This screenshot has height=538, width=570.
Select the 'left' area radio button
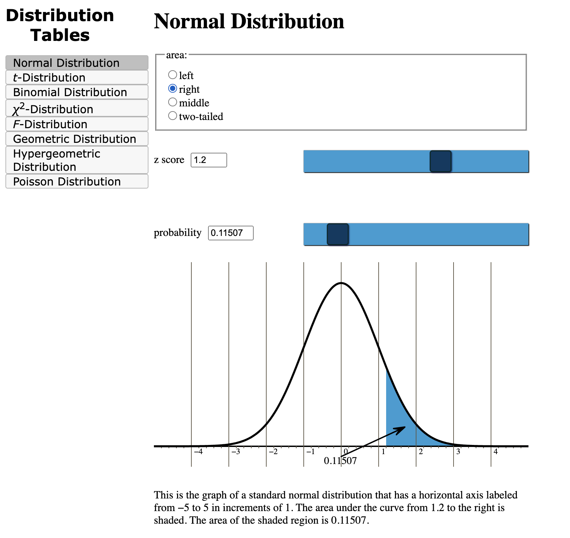173,75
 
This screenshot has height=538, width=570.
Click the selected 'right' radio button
173,89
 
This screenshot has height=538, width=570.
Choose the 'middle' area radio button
173,102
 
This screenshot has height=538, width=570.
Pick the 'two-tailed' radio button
173,116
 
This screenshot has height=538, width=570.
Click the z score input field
208,160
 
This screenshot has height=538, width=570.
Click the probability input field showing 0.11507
231,233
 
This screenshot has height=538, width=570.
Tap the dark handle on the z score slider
440,161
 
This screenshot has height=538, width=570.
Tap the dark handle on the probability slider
337,234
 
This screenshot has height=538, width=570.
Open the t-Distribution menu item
77,77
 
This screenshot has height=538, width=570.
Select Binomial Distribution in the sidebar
77,92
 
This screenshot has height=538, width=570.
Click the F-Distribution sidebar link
77,124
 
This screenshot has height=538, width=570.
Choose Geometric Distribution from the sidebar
77,139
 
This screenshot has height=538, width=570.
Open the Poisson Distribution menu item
77,181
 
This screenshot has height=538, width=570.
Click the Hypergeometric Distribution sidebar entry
77,160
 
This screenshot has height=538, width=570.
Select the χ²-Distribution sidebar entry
77,108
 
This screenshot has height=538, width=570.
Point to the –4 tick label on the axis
198,452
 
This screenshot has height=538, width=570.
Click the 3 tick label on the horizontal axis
458,452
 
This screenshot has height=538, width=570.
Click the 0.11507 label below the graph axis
340,461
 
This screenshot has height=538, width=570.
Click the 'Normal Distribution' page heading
249,21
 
